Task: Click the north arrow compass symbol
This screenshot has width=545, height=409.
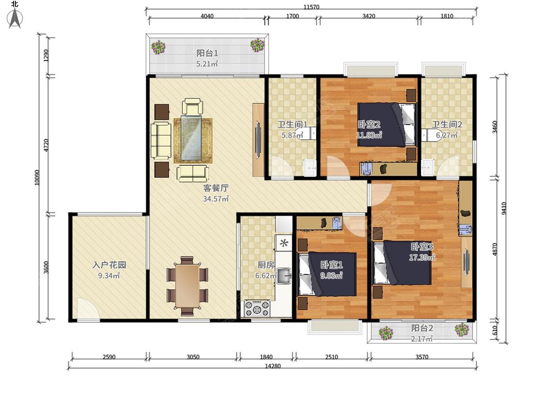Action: (15, 18)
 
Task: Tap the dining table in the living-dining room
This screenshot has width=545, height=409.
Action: (187, 286)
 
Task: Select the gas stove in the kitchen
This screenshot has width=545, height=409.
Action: (257, 308)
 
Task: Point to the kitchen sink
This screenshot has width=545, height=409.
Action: (284, 276)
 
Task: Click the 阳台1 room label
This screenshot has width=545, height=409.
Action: (207, 53)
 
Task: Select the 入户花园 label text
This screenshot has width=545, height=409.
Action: (109, 265)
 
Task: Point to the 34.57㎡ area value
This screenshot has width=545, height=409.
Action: (216, 199)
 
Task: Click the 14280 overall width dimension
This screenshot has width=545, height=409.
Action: (273, 366)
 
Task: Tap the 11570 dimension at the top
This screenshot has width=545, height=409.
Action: (311, 7)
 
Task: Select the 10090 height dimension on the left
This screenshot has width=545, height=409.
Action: (37, 177)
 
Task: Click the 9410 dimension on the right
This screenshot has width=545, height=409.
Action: (504, 209)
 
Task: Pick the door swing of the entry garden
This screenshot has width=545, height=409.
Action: (88, 309)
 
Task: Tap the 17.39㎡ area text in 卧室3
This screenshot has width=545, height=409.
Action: (422, 257)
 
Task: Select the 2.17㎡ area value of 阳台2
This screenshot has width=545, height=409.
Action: (421, 338)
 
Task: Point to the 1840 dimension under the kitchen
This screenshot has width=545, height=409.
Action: (266, 357)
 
